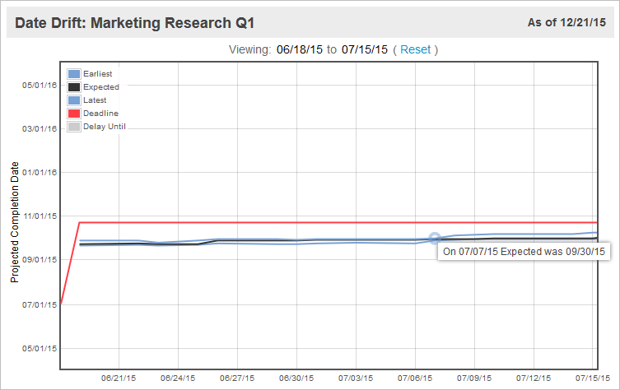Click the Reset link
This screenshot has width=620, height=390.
(415, 49)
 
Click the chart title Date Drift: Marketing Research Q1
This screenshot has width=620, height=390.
(131, 21)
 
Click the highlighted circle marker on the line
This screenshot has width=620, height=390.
(435, 239)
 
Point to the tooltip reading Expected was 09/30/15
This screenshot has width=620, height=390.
(524, 251)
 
